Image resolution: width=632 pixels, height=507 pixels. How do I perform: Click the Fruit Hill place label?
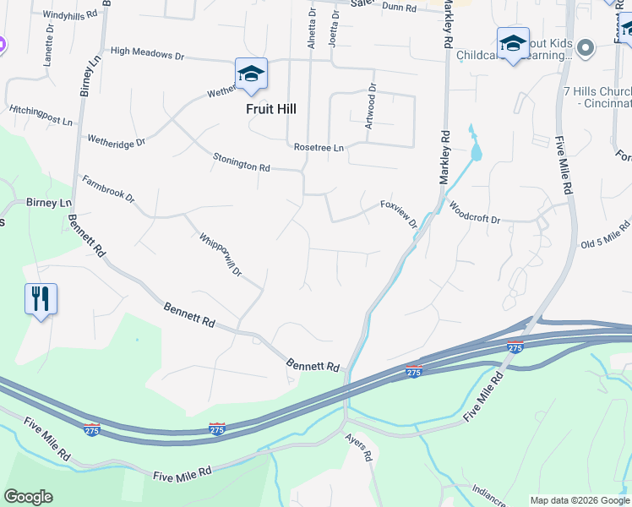(271, 109)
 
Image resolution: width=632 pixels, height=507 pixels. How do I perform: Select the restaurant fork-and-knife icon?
(41, 299)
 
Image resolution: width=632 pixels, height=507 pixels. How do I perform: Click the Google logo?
(28, 497)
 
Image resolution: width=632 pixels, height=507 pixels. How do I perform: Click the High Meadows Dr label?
(147, 52)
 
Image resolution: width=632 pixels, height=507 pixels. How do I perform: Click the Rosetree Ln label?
(319, 147)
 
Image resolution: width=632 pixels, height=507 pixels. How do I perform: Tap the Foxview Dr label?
(399, 213)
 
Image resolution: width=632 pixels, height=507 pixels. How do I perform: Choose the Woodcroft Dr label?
(474, 212)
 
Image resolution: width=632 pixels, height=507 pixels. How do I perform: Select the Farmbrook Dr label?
(108, 189)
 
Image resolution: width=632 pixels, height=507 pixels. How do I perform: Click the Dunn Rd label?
(400, 7)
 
